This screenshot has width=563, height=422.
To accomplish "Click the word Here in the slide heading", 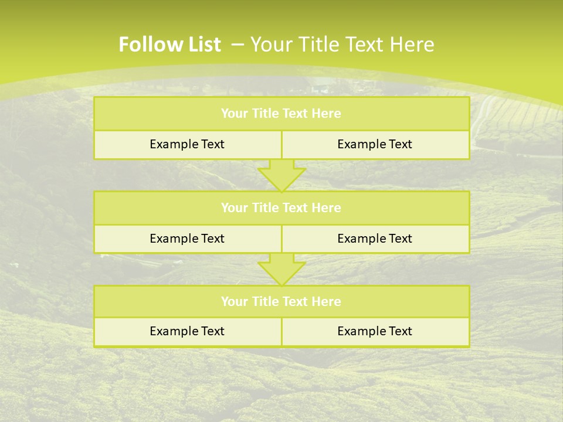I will point(411,45).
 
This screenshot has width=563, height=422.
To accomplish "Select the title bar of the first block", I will point(281,114).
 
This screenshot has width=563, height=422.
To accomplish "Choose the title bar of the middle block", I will point(281,208).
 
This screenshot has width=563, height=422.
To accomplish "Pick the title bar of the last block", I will point(281,302).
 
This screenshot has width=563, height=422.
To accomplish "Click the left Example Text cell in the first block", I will point(187,144).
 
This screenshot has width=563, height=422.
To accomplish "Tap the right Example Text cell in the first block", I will point(375,144).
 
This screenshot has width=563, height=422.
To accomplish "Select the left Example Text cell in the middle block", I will point(187,239).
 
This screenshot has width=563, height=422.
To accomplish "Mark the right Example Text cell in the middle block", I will point(375,239).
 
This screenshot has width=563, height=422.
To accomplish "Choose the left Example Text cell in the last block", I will point(187,331).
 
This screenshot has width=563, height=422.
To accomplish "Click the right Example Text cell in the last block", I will point(375,331).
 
